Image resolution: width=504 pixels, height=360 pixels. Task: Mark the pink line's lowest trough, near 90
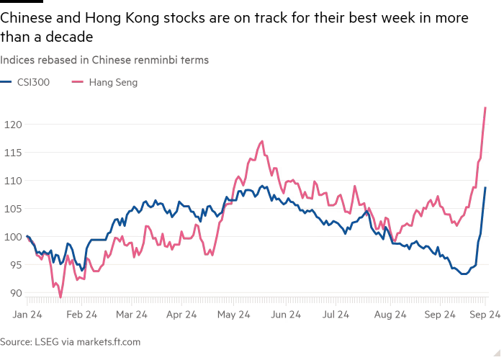[60, 294]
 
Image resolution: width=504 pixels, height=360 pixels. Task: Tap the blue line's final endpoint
[486, 187]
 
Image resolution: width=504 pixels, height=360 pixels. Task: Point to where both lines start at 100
[27, 236]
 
